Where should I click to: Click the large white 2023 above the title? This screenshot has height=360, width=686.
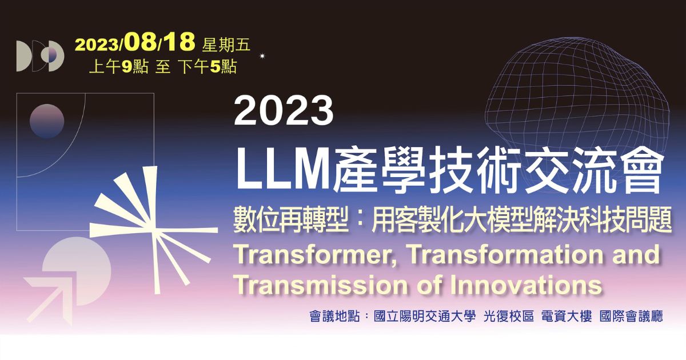point(284,111)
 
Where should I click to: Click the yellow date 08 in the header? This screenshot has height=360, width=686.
point(141,42)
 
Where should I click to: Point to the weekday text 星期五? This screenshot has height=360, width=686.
point(226,45)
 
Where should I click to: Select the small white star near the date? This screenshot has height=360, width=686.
point(262,56)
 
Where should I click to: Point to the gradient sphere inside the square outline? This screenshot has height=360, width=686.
point(47,121)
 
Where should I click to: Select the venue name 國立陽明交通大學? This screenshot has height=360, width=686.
point(424,316)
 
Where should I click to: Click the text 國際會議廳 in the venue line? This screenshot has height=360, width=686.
point(631,316)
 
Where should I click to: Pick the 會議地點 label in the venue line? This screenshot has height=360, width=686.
point(334,316)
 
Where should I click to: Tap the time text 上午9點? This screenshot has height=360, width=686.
point(119,66)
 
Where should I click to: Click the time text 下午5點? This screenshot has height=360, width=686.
point(208,66)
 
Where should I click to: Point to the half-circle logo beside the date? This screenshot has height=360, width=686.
point(40,56)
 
